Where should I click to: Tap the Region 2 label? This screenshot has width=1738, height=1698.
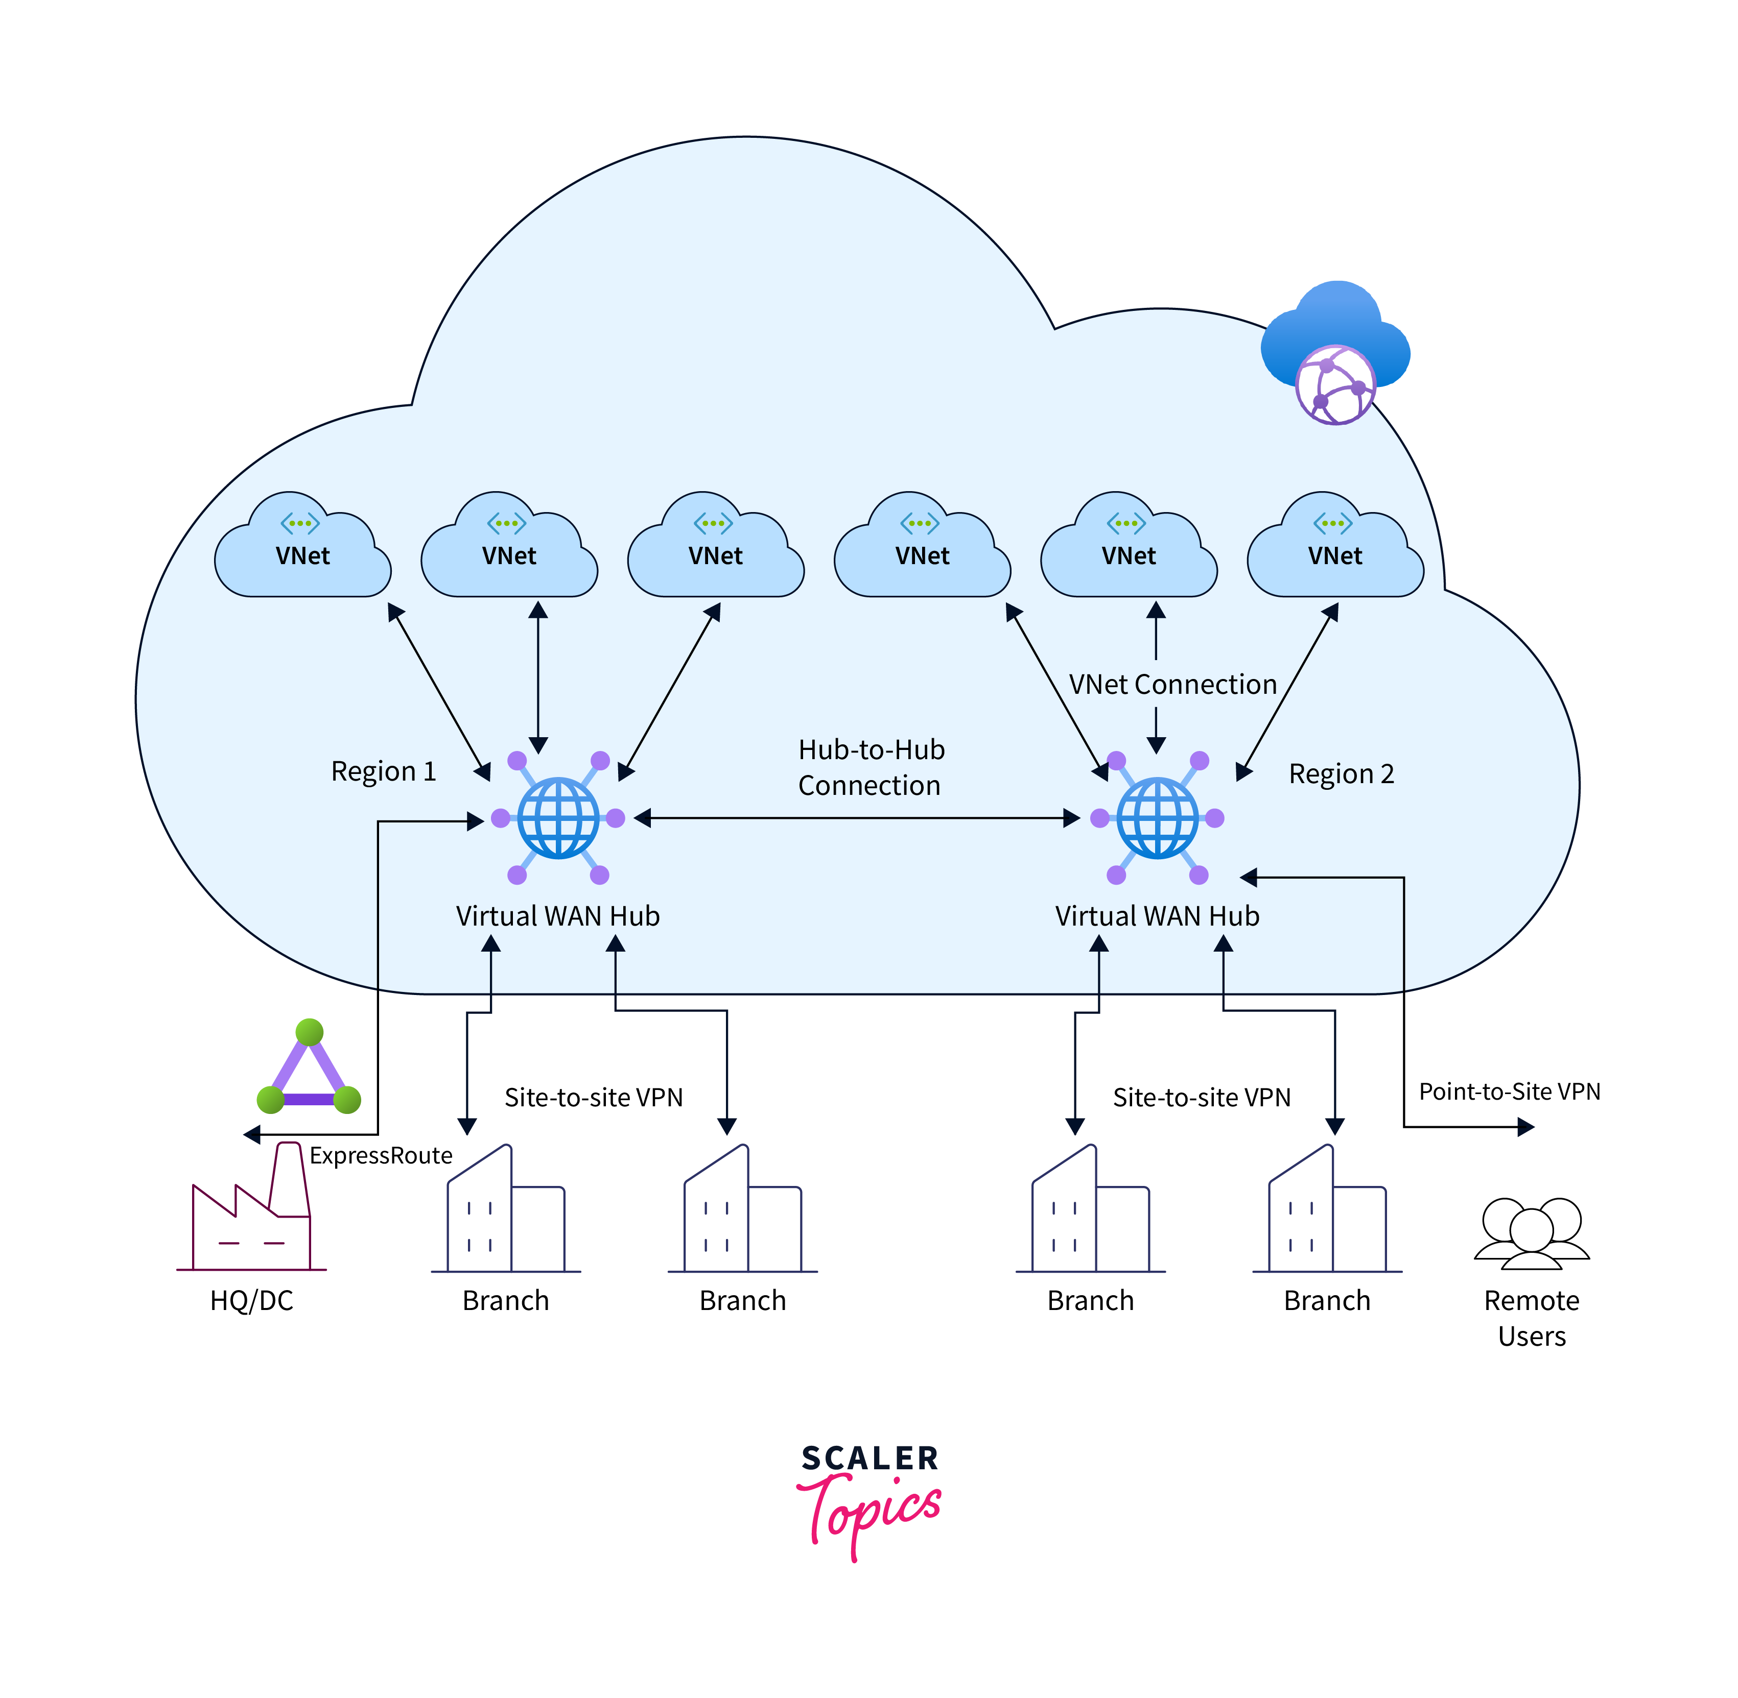(x=1341, y=773)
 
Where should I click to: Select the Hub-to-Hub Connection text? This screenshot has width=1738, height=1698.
(x=871, y=767)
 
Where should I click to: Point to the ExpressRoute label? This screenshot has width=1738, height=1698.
(x=381, y=1156)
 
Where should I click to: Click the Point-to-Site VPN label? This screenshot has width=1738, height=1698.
(x=1510, y=1091)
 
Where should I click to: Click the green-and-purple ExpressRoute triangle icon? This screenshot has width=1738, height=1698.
(x=309, y=1070)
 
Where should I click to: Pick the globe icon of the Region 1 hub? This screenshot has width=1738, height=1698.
(x=558, y=818)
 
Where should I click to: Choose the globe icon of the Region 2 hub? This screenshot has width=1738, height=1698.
(x=1157, y=818)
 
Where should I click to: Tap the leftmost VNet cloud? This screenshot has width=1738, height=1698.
(x=302, y=548)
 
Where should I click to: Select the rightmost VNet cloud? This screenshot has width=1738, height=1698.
(x=1335, y=548)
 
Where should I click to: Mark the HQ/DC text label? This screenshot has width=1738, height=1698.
(x=251, y=1301)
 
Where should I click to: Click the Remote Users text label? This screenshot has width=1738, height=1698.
(x=1532, y=1318)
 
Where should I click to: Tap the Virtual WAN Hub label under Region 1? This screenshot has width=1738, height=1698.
(x=558, y=916)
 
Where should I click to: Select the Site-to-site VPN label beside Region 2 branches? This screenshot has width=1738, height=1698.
(x=1202, y=1098)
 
